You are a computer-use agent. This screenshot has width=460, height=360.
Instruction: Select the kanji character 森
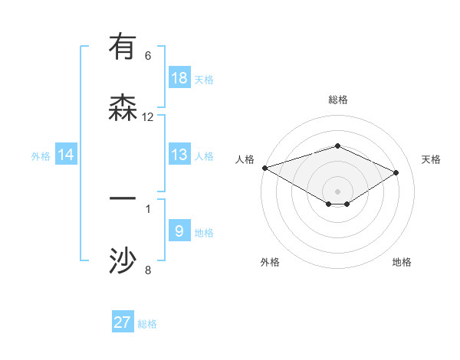123,106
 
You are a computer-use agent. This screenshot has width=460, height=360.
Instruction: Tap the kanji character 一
123,198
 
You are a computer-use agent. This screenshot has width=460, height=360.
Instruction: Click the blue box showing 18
179,77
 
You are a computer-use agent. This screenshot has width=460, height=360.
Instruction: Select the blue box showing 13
179,155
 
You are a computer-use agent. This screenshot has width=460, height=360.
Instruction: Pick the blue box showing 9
179,231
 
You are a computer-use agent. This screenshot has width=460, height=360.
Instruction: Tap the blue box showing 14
66,155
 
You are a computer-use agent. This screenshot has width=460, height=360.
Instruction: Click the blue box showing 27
123,322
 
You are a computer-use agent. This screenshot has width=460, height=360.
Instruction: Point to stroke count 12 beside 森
148,117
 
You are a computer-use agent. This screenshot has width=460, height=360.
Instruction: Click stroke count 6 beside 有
148,56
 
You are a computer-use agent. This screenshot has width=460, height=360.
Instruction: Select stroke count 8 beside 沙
148,270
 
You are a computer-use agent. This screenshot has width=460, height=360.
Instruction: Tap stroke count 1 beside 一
148,208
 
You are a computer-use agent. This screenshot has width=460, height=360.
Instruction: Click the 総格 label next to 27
147,324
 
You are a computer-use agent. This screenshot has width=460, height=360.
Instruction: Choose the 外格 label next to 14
41,156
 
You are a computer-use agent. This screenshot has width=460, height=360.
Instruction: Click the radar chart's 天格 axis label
432,159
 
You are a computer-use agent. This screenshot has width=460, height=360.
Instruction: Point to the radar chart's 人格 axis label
245,159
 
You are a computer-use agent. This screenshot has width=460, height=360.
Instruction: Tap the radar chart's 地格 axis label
402,262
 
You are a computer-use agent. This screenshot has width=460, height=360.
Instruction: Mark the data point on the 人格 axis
264,168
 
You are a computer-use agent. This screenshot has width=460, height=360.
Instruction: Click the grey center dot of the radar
338,191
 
